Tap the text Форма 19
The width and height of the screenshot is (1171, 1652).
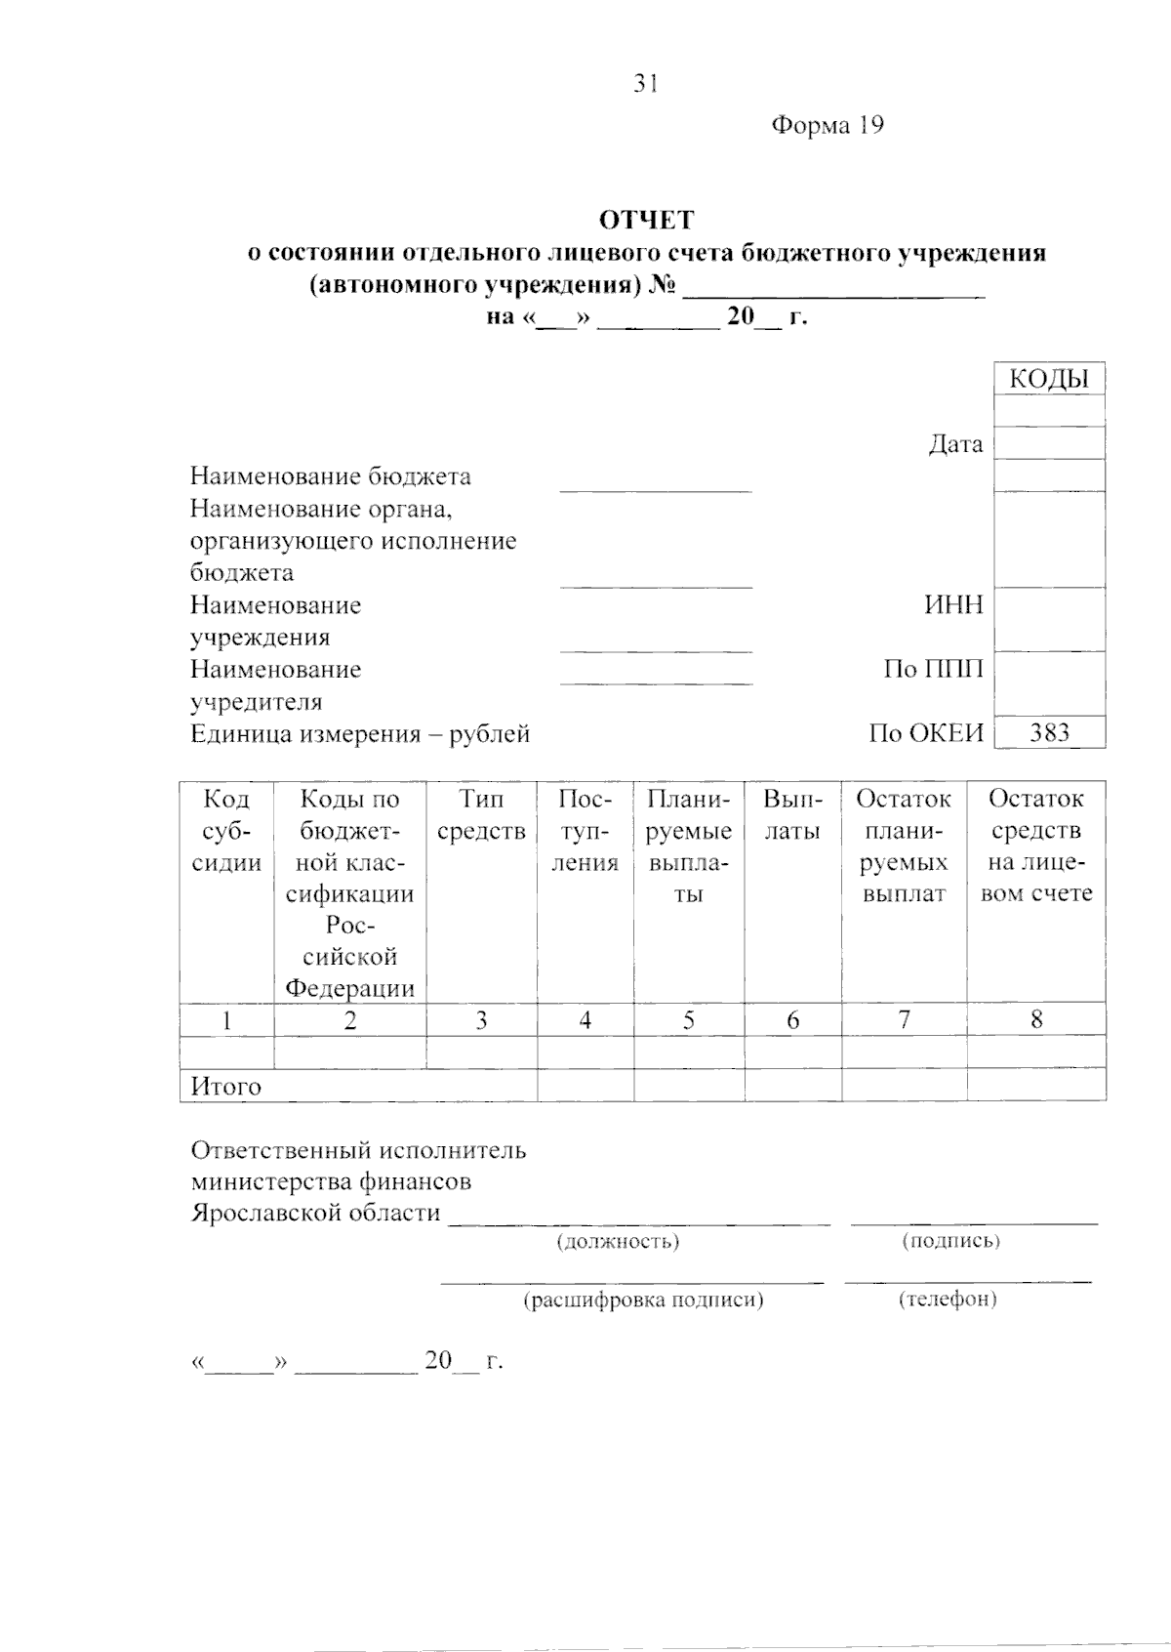point(828,125)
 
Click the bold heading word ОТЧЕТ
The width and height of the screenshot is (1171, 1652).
point(646,220)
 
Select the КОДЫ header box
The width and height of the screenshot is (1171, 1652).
point(1049,379)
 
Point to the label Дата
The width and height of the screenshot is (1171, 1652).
point(955,444)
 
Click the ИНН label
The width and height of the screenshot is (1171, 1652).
point(953,605)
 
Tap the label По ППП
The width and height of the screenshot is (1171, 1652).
point(933,670)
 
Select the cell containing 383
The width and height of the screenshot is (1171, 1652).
point(1049,733)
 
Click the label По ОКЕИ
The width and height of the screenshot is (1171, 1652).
point(926,734)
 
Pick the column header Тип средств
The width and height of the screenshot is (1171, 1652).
point(481,815)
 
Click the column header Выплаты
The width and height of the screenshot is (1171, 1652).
point(792,815)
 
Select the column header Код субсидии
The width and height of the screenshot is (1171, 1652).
point(226,831)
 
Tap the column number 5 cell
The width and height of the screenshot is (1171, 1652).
point(689,1021)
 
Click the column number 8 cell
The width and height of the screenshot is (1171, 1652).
point(1036,1020)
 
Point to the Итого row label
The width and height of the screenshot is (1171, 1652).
point(225,1087)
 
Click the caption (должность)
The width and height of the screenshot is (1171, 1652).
point(618,1242)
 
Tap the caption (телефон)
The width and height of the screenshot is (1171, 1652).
point(948,1300)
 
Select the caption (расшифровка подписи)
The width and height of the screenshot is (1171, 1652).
point(644,1301)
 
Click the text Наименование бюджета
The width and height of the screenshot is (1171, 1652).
point(330,476)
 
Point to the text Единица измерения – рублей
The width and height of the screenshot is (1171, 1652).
point(359,734)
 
